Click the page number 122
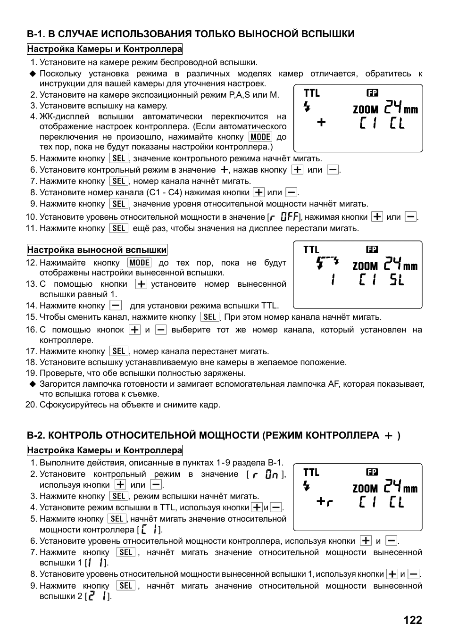412,620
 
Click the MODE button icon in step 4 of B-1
260,137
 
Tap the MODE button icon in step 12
140,263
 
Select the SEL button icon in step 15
209,317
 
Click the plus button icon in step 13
141,284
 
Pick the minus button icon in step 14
116,306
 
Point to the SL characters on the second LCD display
397,280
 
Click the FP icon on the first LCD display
372,93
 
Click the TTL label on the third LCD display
311,472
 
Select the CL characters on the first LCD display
397,124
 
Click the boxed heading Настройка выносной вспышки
97,250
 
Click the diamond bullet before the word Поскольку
33,74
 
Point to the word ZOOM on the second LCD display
365,266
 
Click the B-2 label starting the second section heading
36,435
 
